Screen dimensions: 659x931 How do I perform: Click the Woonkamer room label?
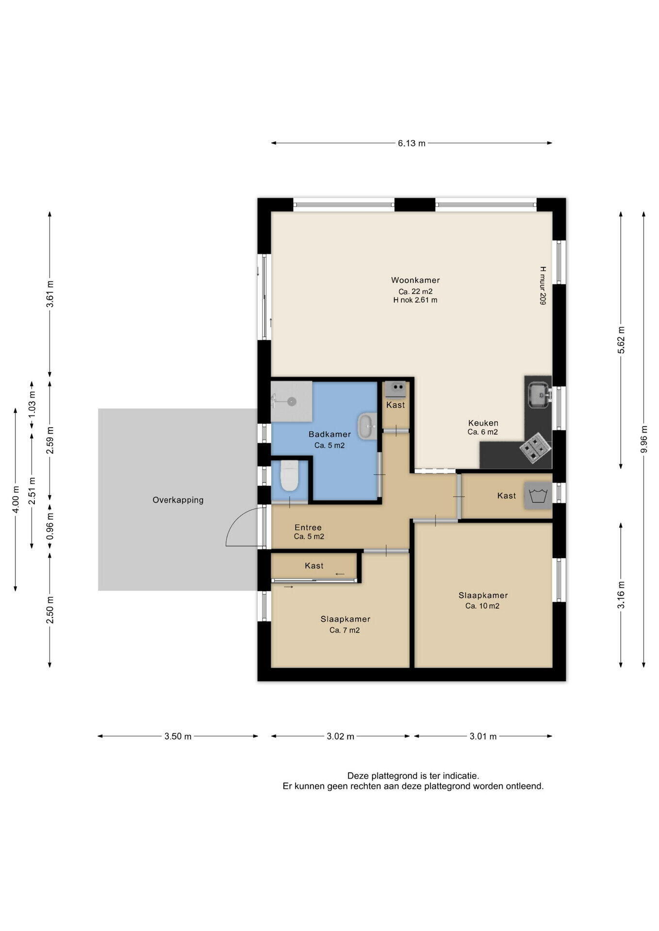pyautogui.click(x=415, y=280)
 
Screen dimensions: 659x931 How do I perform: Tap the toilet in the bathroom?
pyautogui.click(x=289, y=476)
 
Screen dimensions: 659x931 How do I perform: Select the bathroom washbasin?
pyautogui.click(x=368, y=427)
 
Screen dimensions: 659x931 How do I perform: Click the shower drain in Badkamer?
pyautogui.click(x=292, y=401)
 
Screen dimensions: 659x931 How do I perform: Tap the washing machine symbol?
pyautogui.click(x=538, y=496)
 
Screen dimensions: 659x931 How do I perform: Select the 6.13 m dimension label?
pyautogui.click(x=412, y=144)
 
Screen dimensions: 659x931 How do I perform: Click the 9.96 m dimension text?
pyautogui.click(x=644, y=439)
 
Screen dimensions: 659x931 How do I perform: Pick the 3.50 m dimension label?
pyautogui.click(x=178, y=737)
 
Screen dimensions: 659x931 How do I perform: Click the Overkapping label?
pyautogui.click(x=178, y=500)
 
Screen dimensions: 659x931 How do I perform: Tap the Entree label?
pyautogui.click(x=308, y=528)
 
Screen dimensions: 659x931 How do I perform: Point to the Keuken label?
pyautogui.click(x=483, y=423)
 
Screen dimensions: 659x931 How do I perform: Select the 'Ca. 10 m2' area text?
pyautogui.click(x=482, y=606)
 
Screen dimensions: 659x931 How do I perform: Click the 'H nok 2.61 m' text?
pyautogui.click(x=415, y=300)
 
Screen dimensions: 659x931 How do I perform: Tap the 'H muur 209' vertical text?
pyautogui.click(x=543, y=285)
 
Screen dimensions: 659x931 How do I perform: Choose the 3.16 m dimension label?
pyautogui.click(x=621, y=595)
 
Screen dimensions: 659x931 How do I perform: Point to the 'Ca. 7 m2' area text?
pyautogui.click(x=345, y=630)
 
